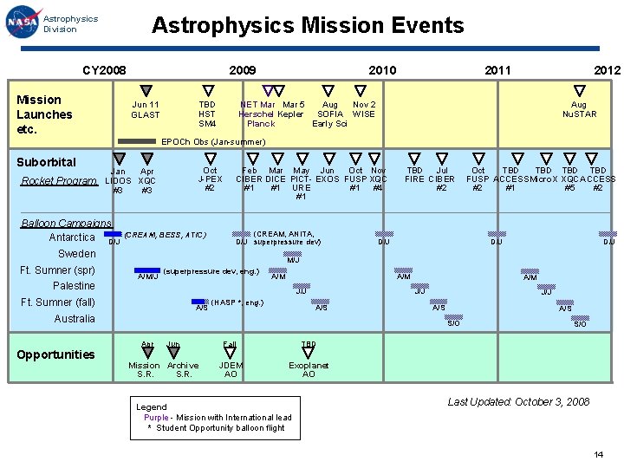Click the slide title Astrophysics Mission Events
coord(308,26)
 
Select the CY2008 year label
coord(104,70)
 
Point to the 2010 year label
coord(382,70)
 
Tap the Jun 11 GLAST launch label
coord(146,109)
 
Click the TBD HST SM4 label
coord(207,114)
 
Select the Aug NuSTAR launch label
coord(579,109)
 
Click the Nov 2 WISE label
coord(364,109)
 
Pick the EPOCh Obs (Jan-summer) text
coord(214,142)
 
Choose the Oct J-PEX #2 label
coord(210,179)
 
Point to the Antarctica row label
coord(72,237)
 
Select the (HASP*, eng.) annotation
coord(237,302)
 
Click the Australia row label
coord(75,319)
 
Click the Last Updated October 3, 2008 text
coord(518,401)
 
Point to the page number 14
coord(598,455)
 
